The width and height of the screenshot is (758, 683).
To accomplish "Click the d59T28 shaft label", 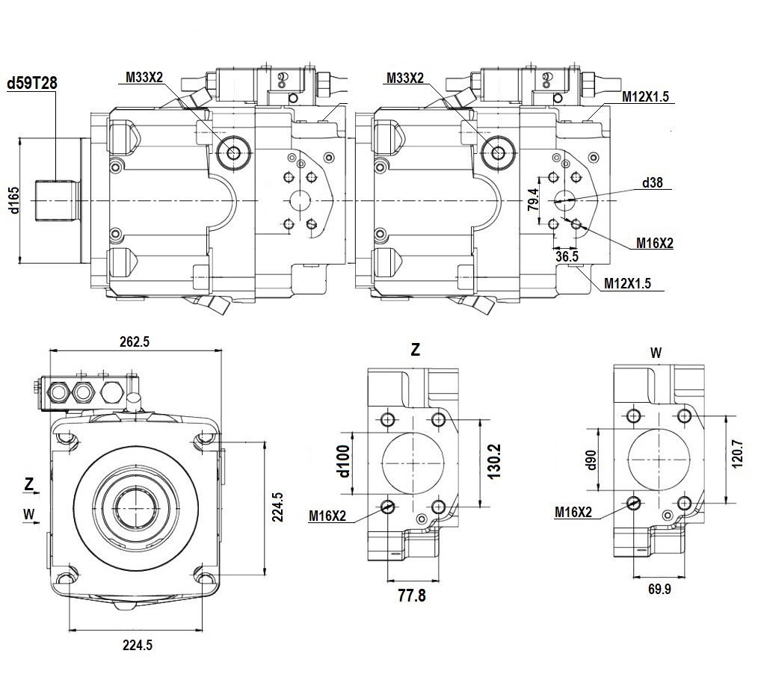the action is click(32, 83).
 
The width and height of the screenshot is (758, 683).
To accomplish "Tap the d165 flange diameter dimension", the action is click(14, 200).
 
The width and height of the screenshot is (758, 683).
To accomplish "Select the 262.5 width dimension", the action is click(135, 341).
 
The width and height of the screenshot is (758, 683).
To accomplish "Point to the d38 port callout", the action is click(652, 183).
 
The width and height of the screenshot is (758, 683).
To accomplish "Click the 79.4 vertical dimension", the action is click(533, 200).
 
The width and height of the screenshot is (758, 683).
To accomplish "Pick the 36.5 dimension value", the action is click(567, 256).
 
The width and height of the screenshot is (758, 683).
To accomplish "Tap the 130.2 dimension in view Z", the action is click(494, 462).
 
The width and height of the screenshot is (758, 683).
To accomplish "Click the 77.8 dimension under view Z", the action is click(412, 596).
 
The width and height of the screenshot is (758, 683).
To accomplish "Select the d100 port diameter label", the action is click(344, 461).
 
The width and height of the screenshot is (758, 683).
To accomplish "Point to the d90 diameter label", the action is click(592, 460).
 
